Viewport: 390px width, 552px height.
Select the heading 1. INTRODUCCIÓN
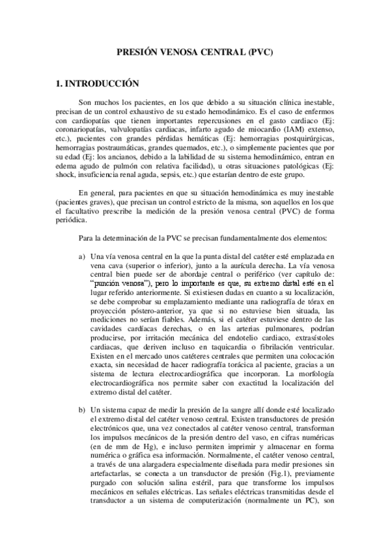(98, 83)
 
